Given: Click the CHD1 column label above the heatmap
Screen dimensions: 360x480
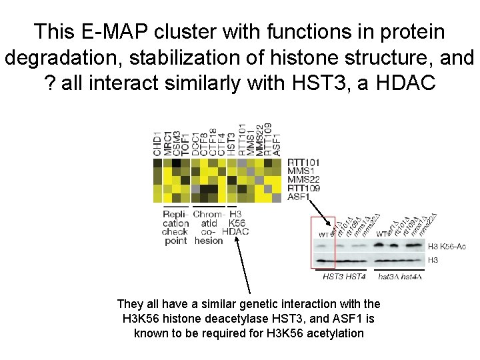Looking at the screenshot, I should (157, 143).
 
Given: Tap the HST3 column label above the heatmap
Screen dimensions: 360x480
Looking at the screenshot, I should (231, 143).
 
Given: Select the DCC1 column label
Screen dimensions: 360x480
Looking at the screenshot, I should (195, 143).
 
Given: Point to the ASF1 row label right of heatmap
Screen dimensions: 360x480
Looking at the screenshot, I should (299, 197).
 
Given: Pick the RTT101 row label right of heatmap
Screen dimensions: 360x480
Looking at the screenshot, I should (304, 162).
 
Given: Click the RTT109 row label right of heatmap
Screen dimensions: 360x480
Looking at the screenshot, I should (304, 189).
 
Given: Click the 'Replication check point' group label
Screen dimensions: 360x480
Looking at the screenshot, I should (175, 227).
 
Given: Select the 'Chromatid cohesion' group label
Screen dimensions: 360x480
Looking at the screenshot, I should (207, 227).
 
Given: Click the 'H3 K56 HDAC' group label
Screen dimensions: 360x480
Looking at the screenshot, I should (235, 223).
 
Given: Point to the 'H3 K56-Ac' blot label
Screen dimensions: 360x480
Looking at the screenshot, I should (447, 247).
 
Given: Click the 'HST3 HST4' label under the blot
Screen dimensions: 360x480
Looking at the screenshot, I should (344, 276).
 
